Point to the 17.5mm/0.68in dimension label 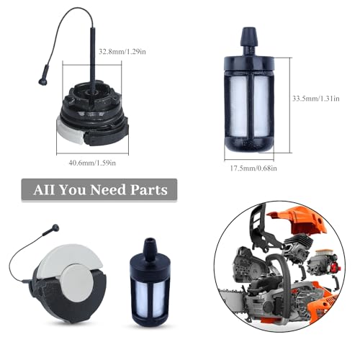point(253,168)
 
